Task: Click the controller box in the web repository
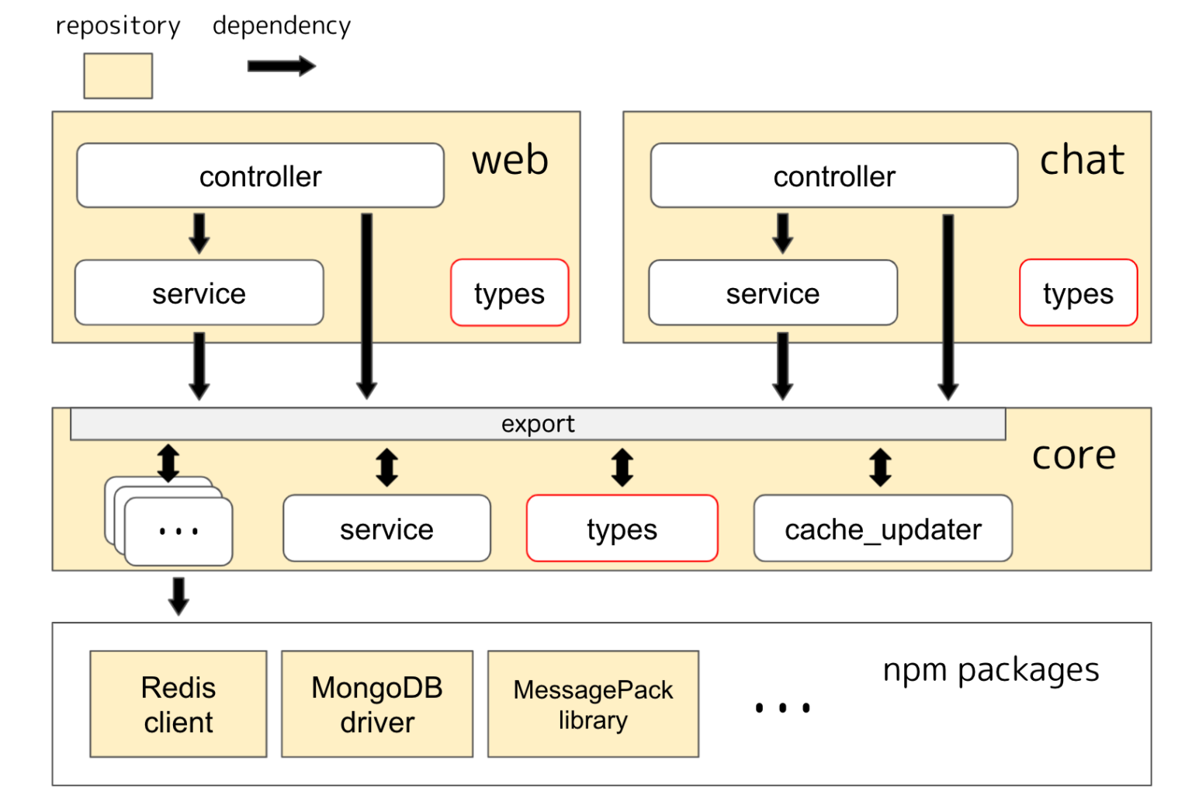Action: click(260, 175)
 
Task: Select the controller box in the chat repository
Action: click(833, 175)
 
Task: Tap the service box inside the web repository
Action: click(199, 293)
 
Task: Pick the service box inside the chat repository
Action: click(772, 293)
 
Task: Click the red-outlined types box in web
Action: click(509, 293)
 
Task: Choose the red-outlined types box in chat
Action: click(1078, 293)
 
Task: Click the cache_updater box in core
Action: click(882, 529)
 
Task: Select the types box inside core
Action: click(622, 529)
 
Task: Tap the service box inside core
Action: click(386, 529)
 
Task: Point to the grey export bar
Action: click(538, 424)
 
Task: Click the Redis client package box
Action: click(178, 704)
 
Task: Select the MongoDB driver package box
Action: click(377, 704)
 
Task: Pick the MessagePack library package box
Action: click(593, 704)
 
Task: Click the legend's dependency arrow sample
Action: click(281, 66)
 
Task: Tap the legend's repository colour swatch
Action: click(118, 76)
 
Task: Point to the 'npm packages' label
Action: click(991, 669)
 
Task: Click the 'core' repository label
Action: click(1073, 455)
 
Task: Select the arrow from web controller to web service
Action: click(199, 233)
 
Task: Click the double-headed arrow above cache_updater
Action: click(880, 467)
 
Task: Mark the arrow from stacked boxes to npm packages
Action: click(179, 595)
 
